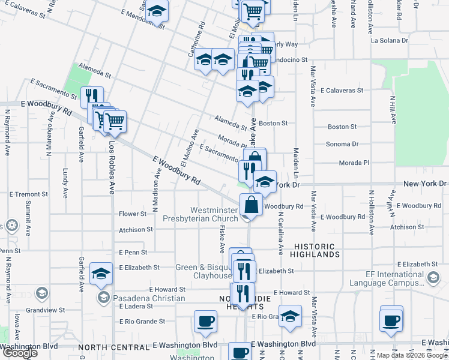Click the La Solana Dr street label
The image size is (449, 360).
tap(389, 41)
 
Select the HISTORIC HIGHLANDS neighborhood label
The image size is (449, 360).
tap(316, 250)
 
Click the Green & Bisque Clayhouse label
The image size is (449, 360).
tap(203, 271)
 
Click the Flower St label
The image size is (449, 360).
tap(133, 214)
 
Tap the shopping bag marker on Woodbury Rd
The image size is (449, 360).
tap(251, 206)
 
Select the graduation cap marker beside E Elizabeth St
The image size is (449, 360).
tap(101, 273)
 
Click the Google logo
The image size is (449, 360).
tap(20, 353)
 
